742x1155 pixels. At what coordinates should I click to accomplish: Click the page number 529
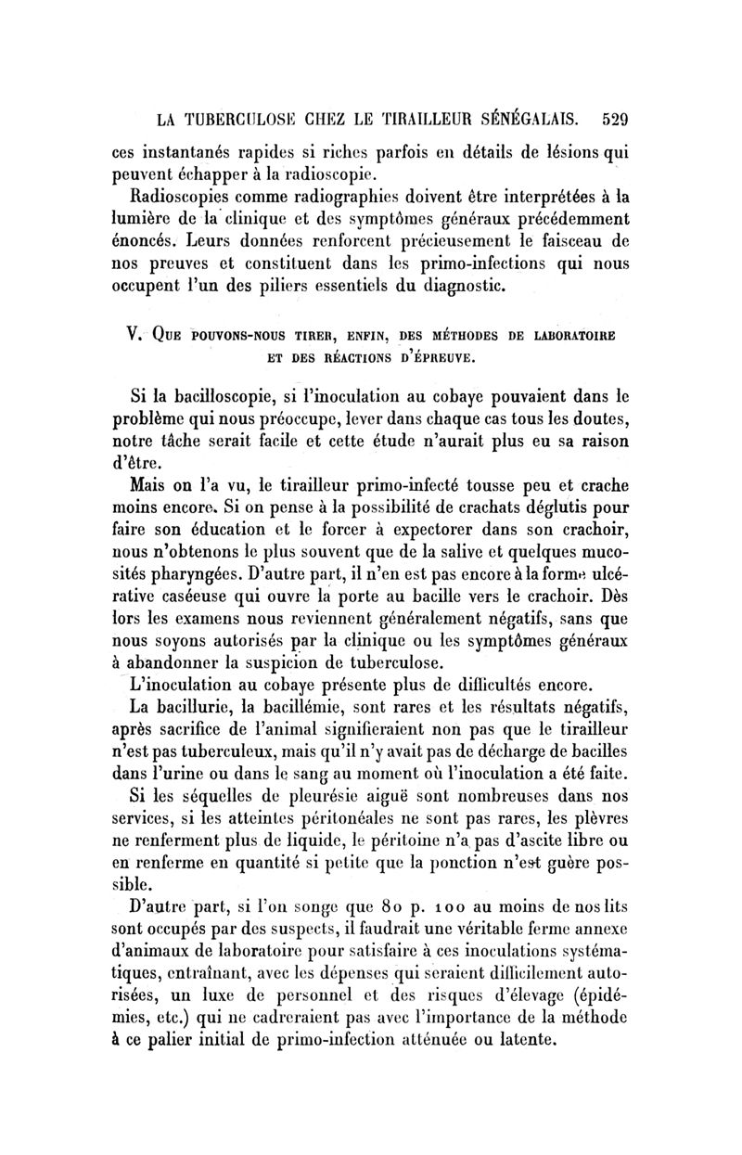click(615, 119)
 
